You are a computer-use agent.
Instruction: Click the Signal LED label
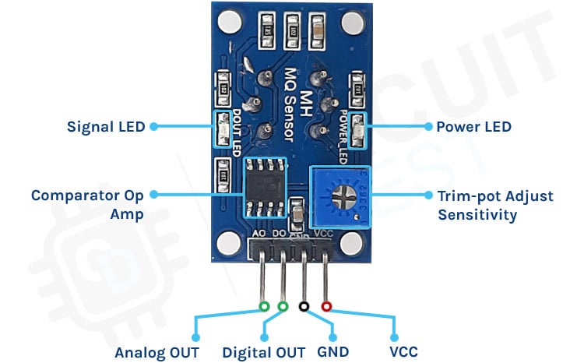[x=106, y=126]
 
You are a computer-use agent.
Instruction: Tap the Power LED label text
[x=473, y=126]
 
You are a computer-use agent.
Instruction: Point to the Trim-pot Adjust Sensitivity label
[x=495, y=204]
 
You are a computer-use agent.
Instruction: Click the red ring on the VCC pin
[x=326, y=307]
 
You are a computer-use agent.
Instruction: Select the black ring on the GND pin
[x=304, y=307]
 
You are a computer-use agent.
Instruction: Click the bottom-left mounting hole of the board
[x=227, y=244]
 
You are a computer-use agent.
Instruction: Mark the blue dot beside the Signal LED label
[x=153, y=126]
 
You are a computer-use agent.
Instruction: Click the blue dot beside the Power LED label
[x=427, y=126]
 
